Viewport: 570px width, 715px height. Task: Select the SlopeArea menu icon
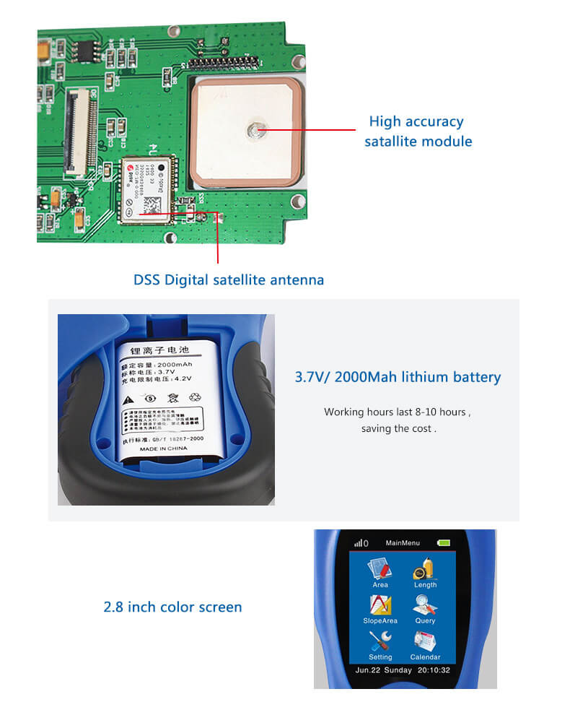coord(380,605)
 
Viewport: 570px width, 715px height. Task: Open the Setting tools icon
coord(380,641)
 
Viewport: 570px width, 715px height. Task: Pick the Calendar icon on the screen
coord(425,641)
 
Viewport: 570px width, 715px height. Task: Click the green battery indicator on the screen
coord(443,542)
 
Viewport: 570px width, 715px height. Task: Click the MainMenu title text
coord(402,542)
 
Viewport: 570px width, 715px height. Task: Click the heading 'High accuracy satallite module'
coord(417,131)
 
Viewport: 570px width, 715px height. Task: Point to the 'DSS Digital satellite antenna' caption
coord(229,279)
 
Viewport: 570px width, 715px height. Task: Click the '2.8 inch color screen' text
coord(172,607)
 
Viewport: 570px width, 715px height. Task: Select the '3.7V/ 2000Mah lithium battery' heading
coord(398,377)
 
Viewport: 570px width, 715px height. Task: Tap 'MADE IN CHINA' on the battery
coord(163,448)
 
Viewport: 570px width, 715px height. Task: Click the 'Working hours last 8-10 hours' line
coord(397,412)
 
